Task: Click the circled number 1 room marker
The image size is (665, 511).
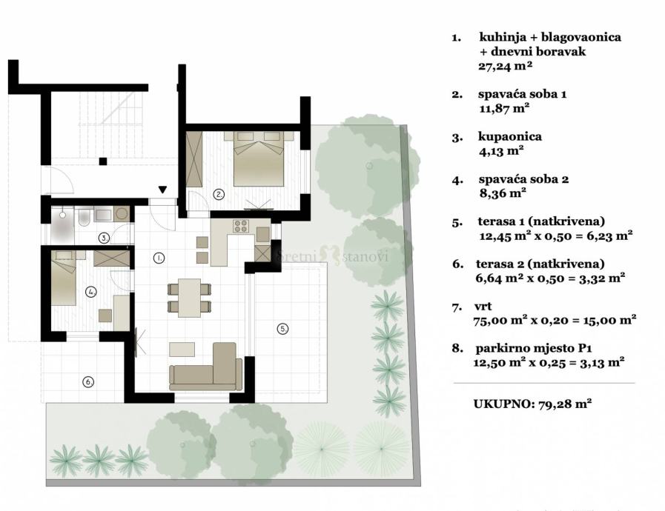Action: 159,258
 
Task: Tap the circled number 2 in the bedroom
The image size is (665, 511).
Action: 219,195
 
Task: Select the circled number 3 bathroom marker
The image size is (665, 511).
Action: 104,238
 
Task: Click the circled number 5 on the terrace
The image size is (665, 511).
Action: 282,328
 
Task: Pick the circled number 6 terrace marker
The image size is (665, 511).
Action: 88,381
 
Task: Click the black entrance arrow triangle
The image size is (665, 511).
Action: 162,190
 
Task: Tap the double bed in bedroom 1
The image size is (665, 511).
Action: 259,158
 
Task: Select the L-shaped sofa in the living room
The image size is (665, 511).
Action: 205,367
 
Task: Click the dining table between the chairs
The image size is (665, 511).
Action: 189,298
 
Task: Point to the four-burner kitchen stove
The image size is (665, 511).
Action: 242,226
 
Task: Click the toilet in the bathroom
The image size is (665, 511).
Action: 84,216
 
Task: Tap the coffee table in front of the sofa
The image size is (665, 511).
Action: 182,349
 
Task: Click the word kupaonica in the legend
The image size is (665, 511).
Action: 510,137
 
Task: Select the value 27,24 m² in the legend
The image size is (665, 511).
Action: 505,66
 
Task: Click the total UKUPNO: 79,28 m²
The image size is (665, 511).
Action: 532,404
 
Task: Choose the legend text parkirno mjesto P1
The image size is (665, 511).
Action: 534,349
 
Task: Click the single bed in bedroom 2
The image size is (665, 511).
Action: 64,277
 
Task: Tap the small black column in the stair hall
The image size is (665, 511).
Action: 102,161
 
